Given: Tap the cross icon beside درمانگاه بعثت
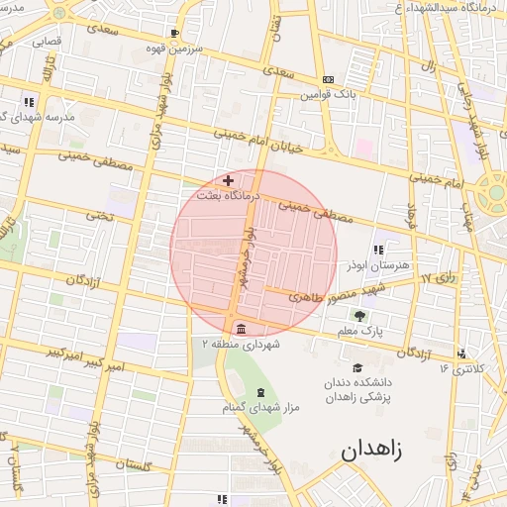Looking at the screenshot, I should [229, 180].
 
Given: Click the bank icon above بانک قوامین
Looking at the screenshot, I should [329, 80].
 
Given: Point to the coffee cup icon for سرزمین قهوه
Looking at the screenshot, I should [174, 33].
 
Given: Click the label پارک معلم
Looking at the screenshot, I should [358, 330].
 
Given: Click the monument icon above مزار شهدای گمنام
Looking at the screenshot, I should [260, 393].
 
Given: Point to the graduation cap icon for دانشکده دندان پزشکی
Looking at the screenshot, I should [357, 367].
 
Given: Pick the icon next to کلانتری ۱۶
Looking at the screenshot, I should [462, 354].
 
